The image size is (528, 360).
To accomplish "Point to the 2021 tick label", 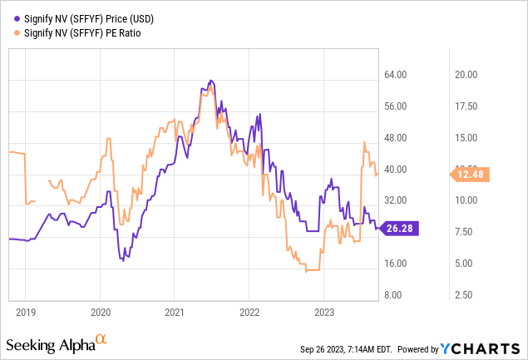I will click(174, 313).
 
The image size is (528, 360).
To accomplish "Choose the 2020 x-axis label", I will click(100, 313).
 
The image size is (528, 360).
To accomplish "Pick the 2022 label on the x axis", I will click(249, 313).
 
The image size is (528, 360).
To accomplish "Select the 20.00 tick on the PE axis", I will click(466, 75).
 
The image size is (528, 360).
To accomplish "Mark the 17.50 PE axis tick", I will click(466, 106).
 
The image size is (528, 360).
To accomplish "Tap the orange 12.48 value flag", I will click(471, 174).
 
